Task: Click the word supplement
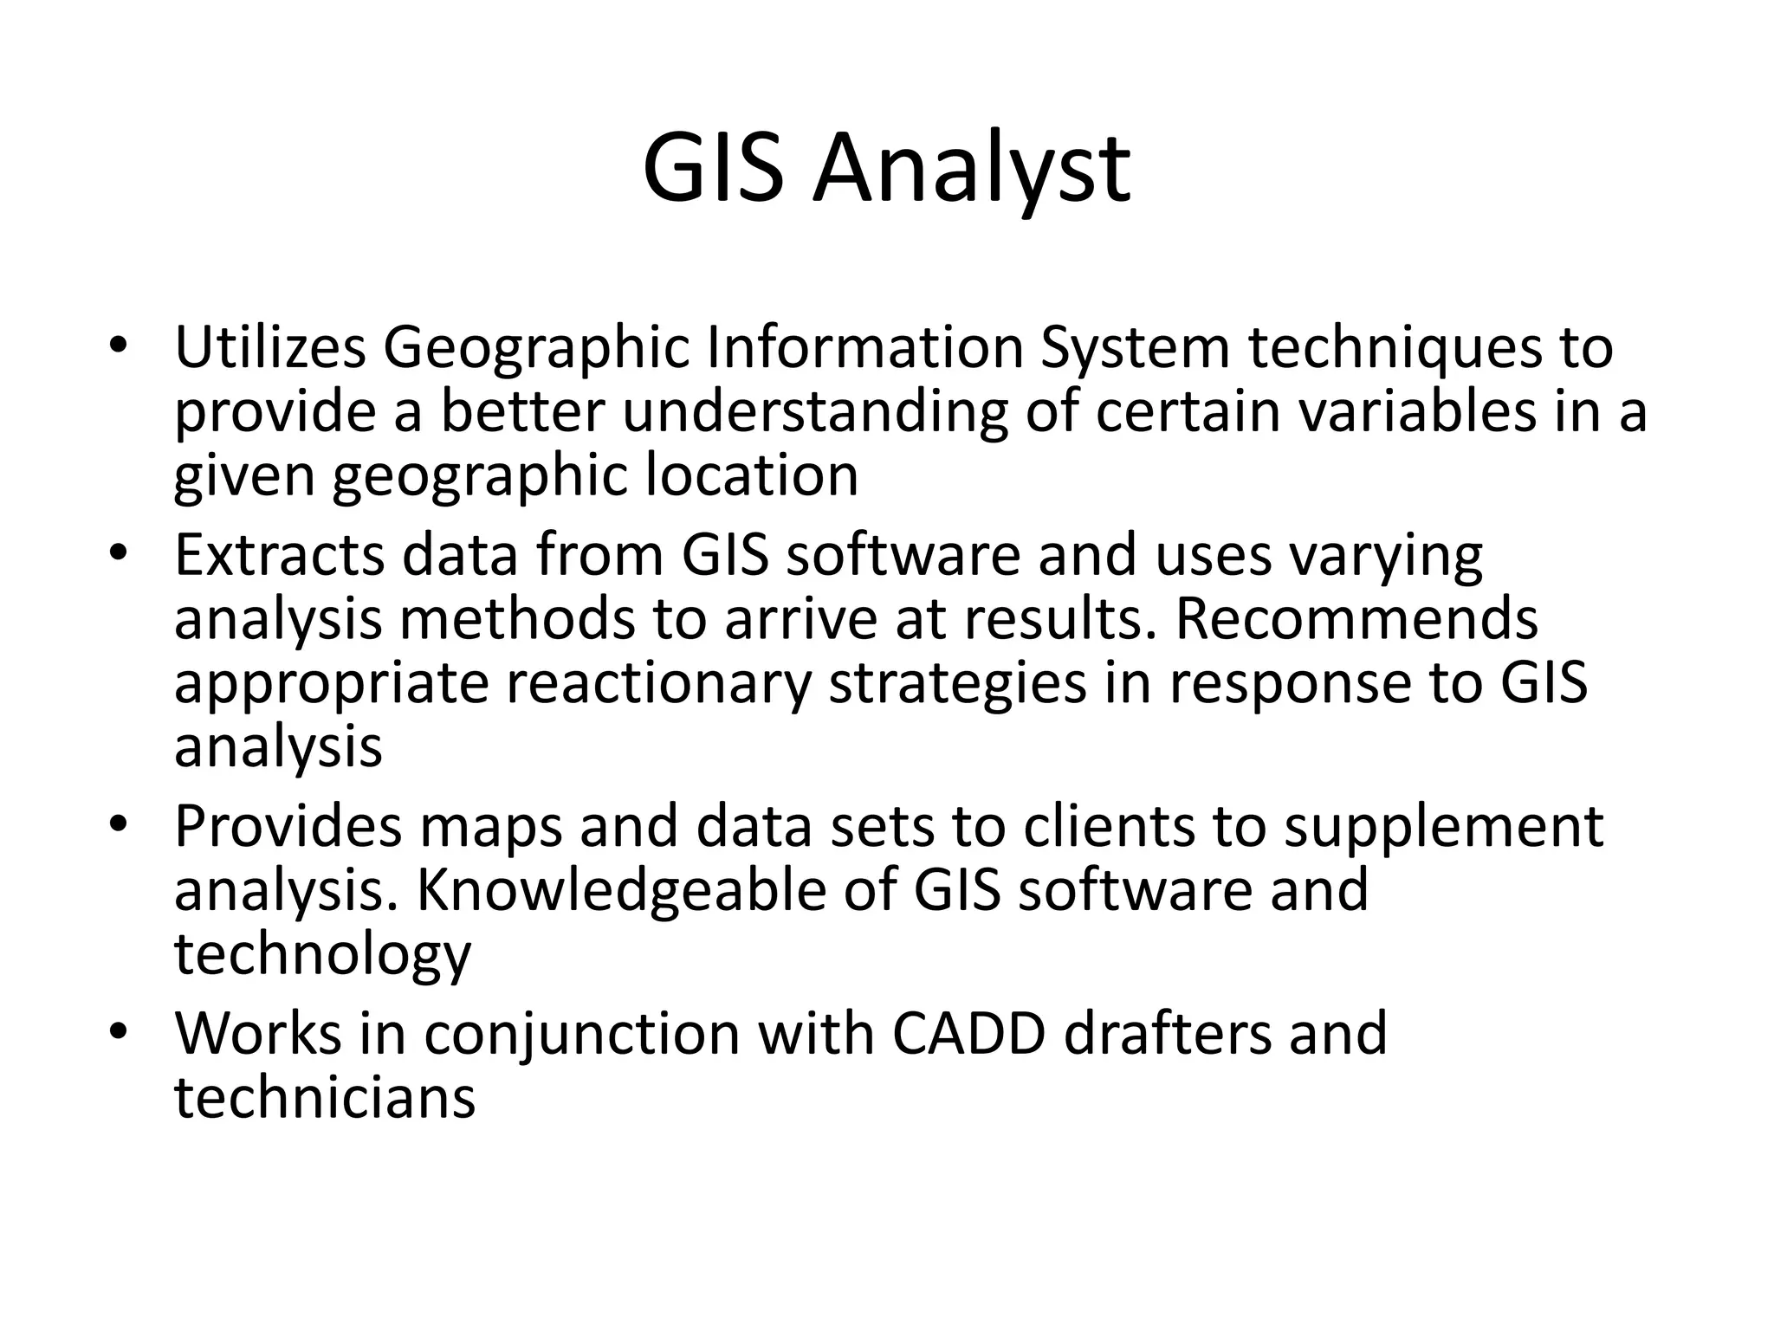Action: (1443, 826)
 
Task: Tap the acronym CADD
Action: (968, 1033)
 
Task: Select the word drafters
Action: (1167, 1033)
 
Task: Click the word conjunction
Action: (581, 1033)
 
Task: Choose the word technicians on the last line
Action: (325, 1097)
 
